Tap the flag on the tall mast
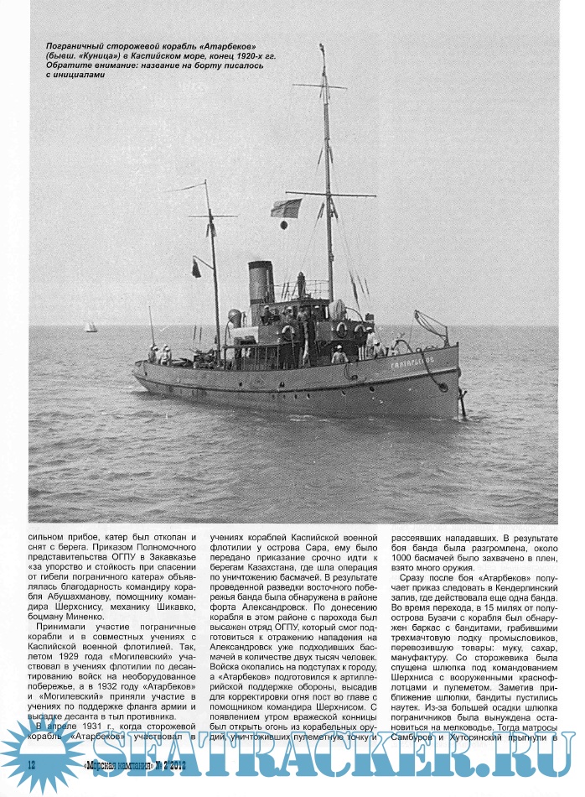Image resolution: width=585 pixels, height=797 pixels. (286, 207)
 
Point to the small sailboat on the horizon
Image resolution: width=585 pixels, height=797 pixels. (90, 326)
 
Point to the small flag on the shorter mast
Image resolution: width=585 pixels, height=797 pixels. (196, 268)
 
